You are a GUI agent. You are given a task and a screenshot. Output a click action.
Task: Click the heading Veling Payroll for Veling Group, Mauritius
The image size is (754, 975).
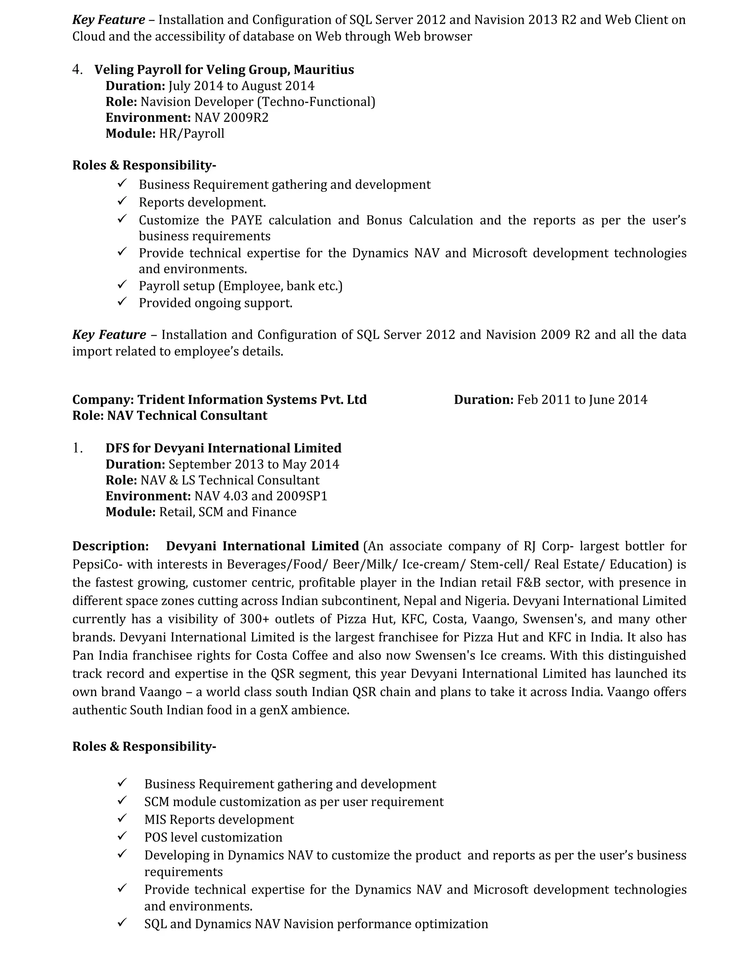pyautogui.click(x=224, y=70)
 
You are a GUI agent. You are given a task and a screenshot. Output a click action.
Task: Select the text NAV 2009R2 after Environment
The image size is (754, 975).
pyautogui.click(x=231, y=117)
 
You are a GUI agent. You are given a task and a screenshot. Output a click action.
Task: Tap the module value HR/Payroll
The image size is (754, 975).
pyautogui.click(x=191, y=134)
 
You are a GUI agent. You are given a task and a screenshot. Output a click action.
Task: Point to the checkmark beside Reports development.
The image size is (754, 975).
pyautogui.click(x=122, y=201)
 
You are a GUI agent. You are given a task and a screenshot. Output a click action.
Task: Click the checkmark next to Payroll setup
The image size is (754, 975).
pyautogui.click(x=122, y=284)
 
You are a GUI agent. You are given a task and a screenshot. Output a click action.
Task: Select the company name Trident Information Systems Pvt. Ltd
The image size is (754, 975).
pyautogui.click(x=252, y=400)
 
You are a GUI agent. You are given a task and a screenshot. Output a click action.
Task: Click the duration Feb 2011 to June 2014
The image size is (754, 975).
pyautogui.click(x=582, y=400)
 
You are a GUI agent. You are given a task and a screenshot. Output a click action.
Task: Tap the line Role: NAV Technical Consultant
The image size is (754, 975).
pyautogui.click(x=170, y=416)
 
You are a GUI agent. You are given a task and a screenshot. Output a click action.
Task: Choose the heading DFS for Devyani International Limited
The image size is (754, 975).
pyautogui.click(x=223, y=448)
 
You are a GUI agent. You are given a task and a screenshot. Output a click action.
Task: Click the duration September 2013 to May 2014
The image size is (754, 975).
pyautogui.click(x=254, y=464)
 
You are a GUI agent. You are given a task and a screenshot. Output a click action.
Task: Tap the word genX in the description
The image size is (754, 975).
pyautogui.click(x=274, y=710)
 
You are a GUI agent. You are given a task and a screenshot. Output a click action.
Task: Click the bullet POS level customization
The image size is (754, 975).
pyautogui.click(x=213, y=837)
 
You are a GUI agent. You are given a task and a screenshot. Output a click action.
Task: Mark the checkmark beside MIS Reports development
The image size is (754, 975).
pyautogui.click(x=122, y=818)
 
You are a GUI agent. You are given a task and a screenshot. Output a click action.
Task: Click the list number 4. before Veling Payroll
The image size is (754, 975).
pyautogui.click(x=77, y=70)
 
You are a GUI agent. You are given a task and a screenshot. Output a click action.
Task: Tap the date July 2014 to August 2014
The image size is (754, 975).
pyautogui.click(x=241, y=86)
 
